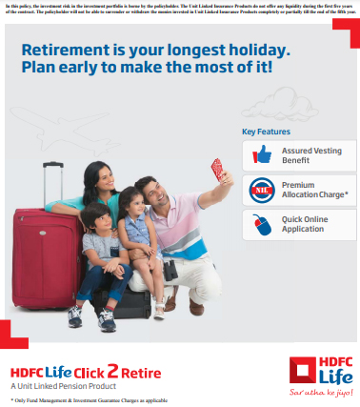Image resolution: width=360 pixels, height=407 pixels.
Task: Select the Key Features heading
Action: [x=266, y=132]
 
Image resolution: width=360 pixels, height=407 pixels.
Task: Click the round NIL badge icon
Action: [x=261, y=190]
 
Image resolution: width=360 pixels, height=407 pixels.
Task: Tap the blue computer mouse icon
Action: [x=261, y=224]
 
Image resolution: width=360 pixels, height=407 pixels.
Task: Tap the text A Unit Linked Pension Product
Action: [x=63, y=386]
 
